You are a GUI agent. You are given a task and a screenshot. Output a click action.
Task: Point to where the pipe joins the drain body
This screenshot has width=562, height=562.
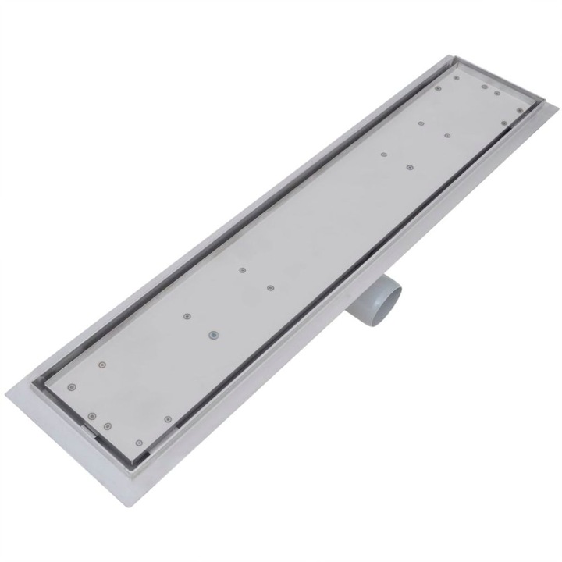pyautogui.click(x=373, y=275)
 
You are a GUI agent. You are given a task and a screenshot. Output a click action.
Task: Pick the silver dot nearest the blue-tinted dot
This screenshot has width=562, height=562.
pyautogui.click(x=187, y=316)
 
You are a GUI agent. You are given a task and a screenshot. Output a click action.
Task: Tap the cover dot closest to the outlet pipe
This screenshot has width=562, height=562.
pyautogui.click(x=270, y=290)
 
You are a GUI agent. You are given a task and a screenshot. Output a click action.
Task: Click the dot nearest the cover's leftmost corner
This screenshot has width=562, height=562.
pyautogui.click(x=72, y=386)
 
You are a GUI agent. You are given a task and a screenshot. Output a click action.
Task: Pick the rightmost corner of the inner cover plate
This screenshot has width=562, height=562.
pyautogui.click(x=527, y=110)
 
